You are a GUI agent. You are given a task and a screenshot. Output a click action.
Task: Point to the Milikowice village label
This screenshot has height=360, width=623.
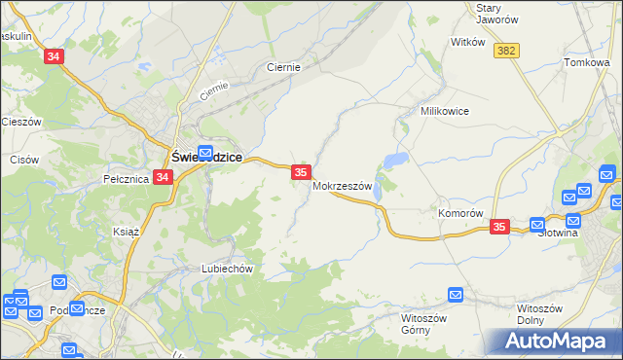point(445,111)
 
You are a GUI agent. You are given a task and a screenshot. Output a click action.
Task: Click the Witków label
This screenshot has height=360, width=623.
point(468,43)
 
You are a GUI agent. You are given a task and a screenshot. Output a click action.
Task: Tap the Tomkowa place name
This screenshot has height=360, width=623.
point(587,62)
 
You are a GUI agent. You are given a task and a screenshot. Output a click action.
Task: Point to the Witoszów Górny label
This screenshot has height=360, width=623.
point(422,323)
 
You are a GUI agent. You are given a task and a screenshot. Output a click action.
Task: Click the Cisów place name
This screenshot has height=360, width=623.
point(23,159)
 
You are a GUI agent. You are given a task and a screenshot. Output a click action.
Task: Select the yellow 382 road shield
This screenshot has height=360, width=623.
point(505,51)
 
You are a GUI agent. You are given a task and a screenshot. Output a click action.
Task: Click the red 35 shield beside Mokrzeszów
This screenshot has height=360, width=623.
point(301,172)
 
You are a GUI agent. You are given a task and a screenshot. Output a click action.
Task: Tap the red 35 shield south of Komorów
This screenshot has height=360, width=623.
point(499,227)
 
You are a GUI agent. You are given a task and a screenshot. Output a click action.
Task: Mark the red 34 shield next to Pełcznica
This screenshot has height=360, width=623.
point(163,178)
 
